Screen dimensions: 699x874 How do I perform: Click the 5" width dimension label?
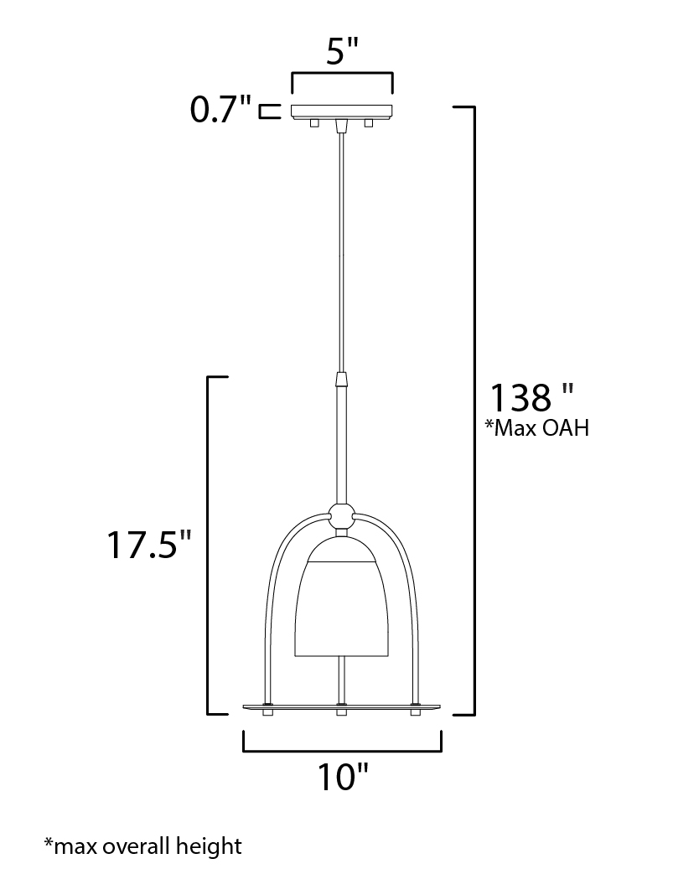click(x=341, y=53)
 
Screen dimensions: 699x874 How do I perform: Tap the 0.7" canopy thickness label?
click(x=220, y=109)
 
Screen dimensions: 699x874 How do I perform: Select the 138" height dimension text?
click(x=531, y=397)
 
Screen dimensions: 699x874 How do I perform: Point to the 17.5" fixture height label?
click(x=149, y=544)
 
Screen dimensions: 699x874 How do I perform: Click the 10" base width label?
click(x=343, y=777)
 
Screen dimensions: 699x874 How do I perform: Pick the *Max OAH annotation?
click(x=536, y=428)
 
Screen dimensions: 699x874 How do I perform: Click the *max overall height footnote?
click(x=142, y=846)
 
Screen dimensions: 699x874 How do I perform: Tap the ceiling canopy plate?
click(x=342, y=111)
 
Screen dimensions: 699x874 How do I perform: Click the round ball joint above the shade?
click(x=341, y=517)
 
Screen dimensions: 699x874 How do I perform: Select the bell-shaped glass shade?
click(x=341, y=597)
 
